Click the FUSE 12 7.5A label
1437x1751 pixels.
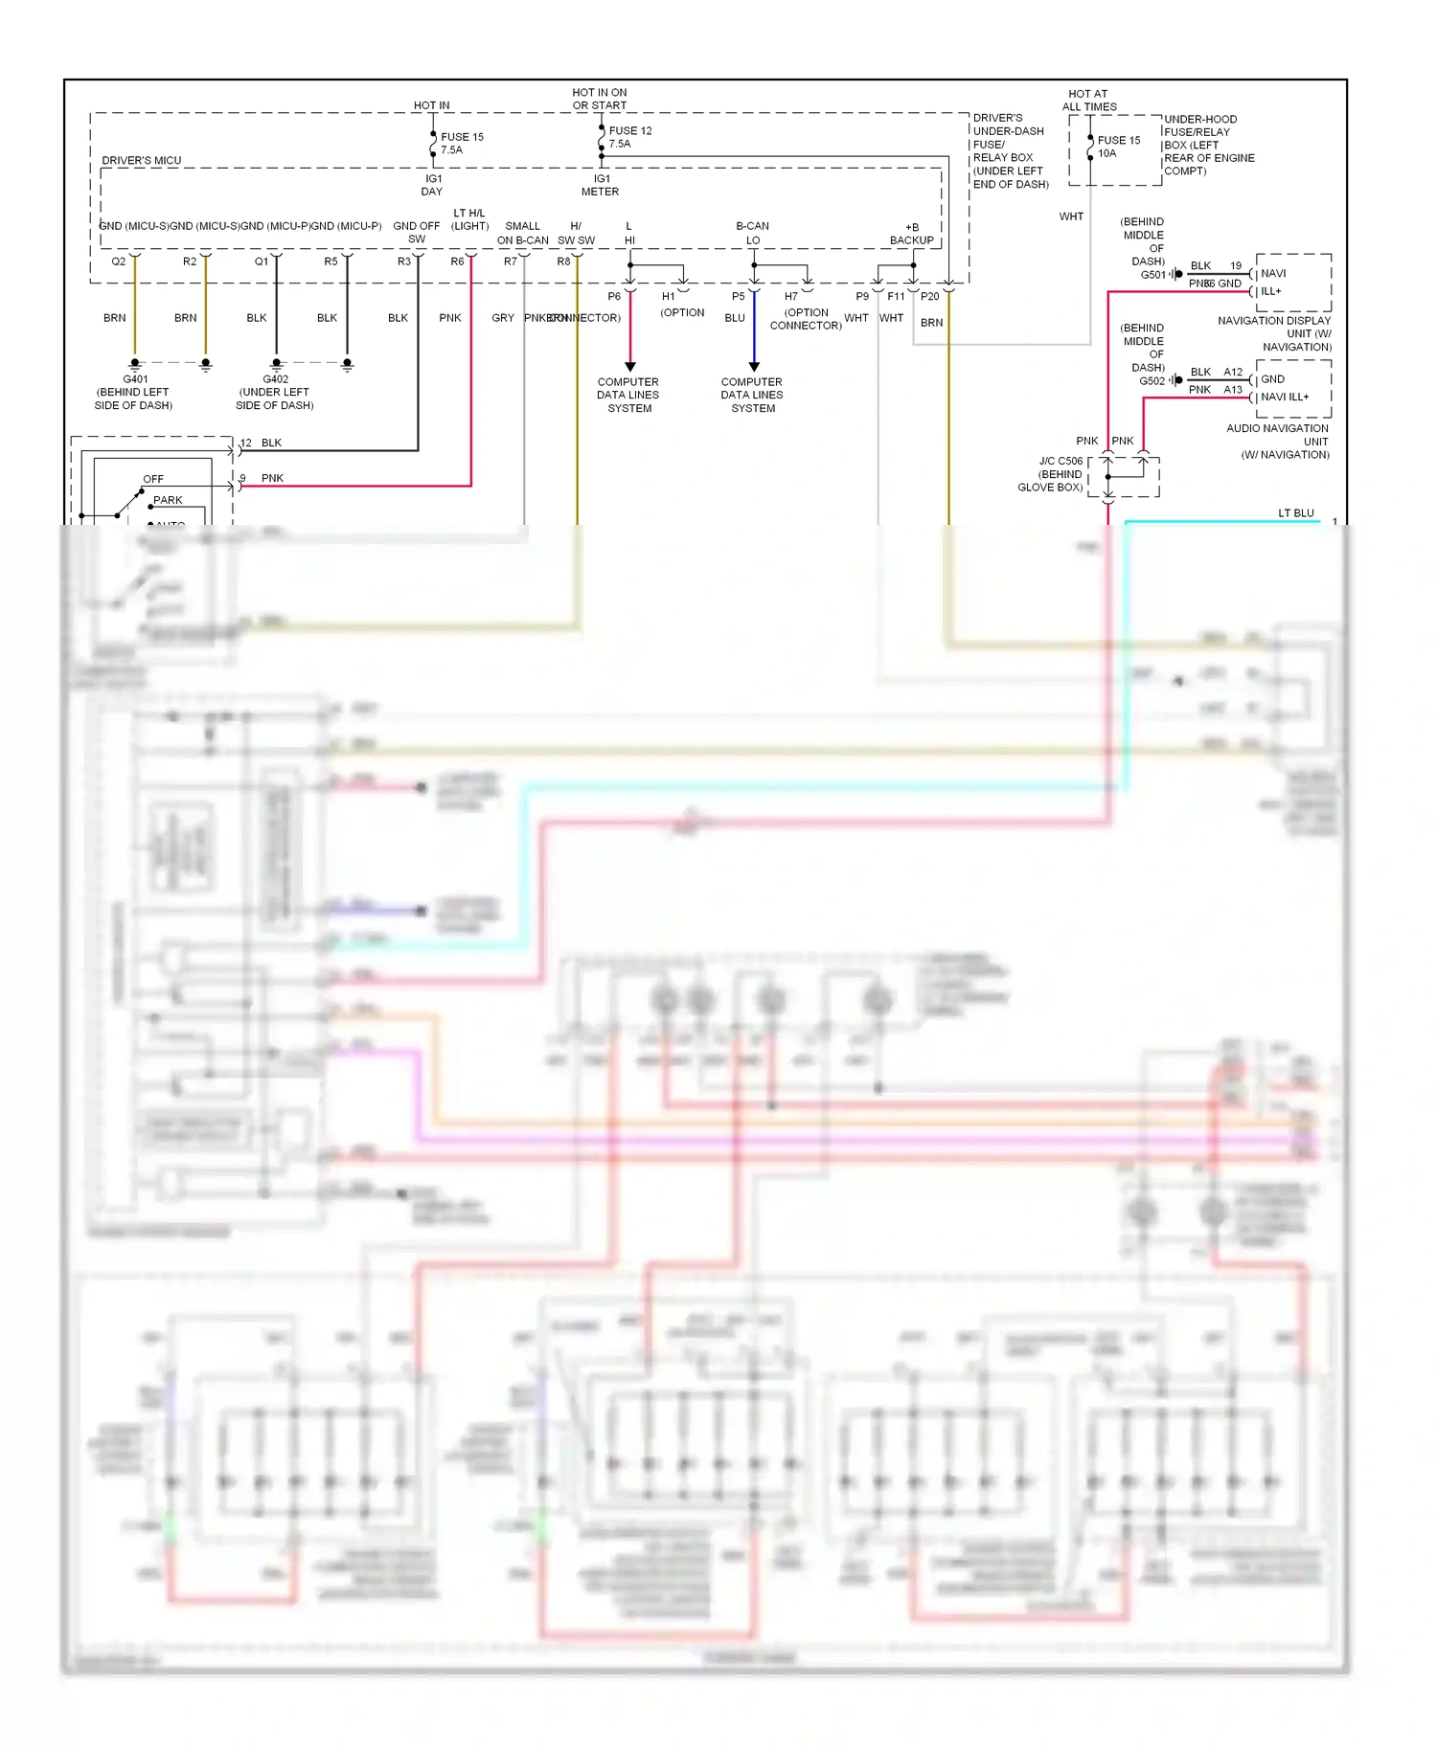(x=629, y=137)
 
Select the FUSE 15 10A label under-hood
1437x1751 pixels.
(x=1118, y=147)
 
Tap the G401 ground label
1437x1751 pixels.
(x=134, y=379)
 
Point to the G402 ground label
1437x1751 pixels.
(x=275, y=379)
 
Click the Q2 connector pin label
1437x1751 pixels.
(x=119, y=262)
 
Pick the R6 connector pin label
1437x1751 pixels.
(x=457, y=262)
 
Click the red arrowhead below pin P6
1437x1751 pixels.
(x=629, y=367)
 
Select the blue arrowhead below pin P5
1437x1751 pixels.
(x=754, y=367)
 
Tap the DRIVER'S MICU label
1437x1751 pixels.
(x=141, y=161)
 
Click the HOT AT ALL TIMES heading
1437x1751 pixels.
(x=1088, y=101)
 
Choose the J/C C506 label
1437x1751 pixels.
(x=1061, y=461)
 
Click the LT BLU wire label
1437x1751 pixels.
(x=1295, y=513)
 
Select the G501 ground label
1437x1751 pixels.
(x=1152, y=275)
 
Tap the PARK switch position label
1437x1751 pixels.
(x=168, y=500)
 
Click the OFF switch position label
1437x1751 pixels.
(x=153, y=479)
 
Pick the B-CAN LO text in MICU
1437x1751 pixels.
(x=752, y=233)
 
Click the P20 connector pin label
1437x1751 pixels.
(x=929, y=297)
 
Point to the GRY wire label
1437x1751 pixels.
(x=503, y=318)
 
